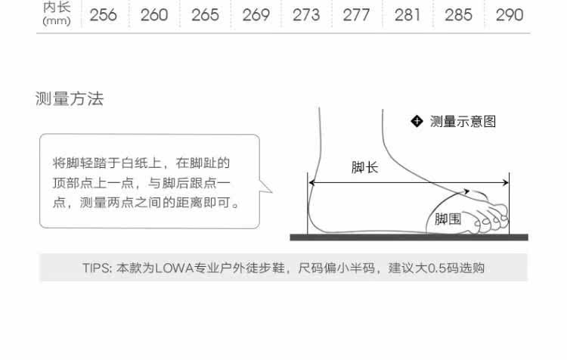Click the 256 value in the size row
coord(103,15)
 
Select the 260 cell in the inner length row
coord(153,15)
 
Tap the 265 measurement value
coord(205,15)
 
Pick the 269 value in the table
coord(256,15)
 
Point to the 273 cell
coord(306,15)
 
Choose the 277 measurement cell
coord(356,15)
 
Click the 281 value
coord(407,15)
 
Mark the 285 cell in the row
coord(458,15)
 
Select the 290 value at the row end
coord(509,15)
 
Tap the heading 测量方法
coord(70,99)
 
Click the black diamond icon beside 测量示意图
coord(416,121)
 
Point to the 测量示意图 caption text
coord(463,122)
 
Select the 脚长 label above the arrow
coord(364,168)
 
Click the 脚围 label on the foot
coord(448,219)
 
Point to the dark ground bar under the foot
coord(408,237)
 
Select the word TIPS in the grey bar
coord(96,268)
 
